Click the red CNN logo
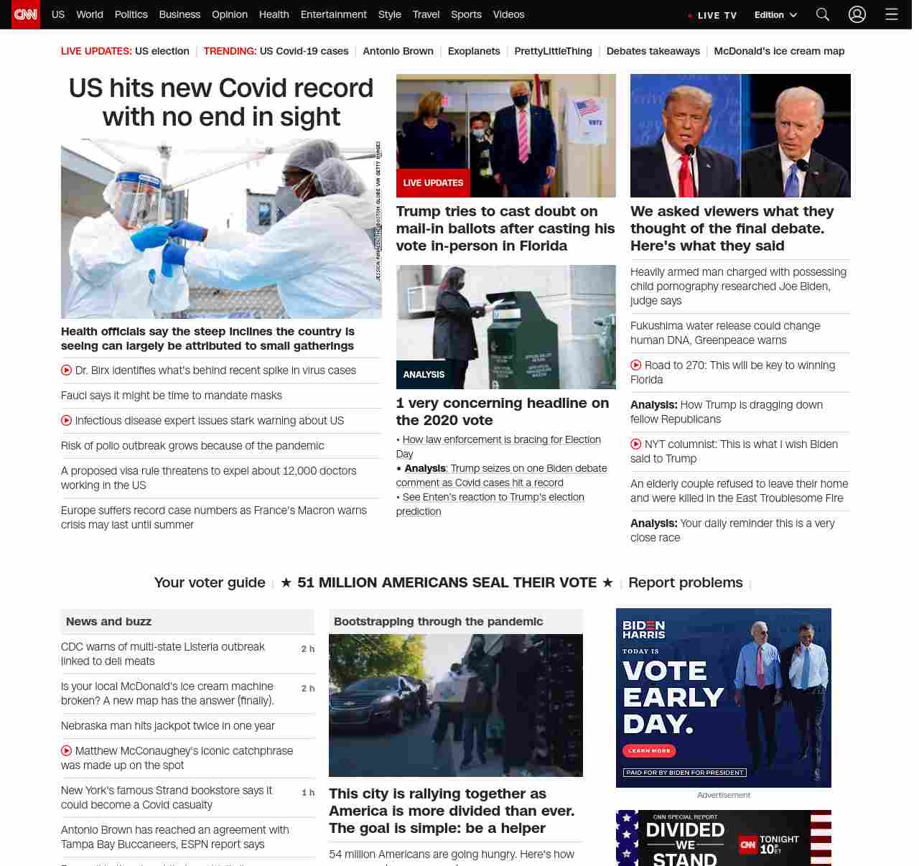[x=26, y=14]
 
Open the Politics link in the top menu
[x=131, y=14]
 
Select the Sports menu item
[x=466, y=14]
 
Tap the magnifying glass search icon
[x=823, y=14]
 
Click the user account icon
[x=857, y=14]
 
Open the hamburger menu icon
[x=892, y=14]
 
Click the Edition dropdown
[x=775, y=15]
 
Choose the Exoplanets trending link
[x=474, y=51]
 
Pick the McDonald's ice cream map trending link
[x=779, y=51]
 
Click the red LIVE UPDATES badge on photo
[x=433, y=183]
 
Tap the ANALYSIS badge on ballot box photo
[x=424, y=375]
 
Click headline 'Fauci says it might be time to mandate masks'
[x=172, y=396]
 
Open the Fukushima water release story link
[x=725, y=333]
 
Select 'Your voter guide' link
[x=210, y=582]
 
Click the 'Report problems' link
[x=686, y=582]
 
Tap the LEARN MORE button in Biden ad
[x=649, y=750]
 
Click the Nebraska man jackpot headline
[x=168, y=726]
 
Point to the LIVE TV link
[x=717, y=15]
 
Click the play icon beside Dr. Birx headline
[x=67, y=371]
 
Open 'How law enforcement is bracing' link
[x=501, y=439]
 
